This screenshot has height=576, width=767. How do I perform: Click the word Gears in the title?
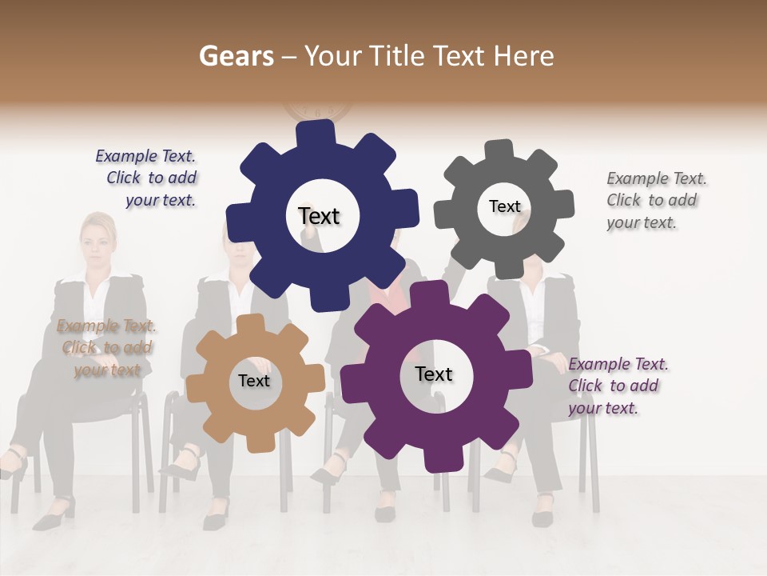pos(232,56)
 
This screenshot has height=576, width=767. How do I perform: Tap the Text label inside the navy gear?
pos(319,216)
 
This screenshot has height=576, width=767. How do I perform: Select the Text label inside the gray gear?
pos(504,206)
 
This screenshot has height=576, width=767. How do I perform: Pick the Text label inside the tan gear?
pos(254,381)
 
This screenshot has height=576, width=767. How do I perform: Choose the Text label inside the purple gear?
pos(434,374)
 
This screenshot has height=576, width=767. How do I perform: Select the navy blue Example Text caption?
pos(146,178)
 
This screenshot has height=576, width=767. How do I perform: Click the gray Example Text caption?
pos(655,200)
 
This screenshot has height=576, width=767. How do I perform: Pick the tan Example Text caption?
pos(106,347)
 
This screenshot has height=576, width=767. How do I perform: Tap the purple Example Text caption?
pos(617,386)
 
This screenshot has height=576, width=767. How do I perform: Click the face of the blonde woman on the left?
pos(96,243)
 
